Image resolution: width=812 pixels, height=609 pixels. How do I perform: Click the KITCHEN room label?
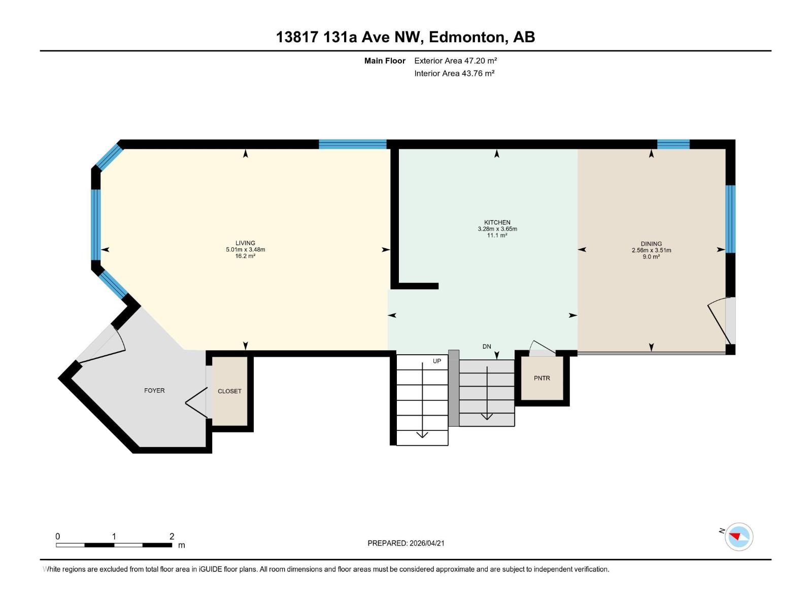coord(497,222)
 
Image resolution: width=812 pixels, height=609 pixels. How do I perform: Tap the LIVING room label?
coord(245,243)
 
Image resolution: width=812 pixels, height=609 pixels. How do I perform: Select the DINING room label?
coord(651,244)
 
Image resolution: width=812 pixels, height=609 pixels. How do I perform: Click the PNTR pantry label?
coord(542,378)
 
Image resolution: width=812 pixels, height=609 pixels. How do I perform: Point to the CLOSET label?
coord(229,391)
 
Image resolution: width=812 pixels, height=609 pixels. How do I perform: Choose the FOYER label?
coord(154,390)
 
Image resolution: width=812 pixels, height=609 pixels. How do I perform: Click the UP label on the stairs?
coord(437,361)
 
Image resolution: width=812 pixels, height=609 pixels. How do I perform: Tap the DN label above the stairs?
coord(487,347)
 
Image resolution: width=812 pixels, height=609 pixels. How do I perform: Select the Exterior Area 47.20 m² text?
coord(455,60)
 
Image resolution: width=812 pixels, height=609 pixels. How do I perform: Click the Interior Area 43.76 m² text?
coord(454,73)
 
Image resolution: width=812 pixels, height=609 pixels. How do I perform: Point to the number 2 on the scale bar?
coord(172,536)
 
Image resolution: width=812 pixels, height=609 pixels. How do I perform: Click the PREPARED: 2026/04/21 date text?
coord(406,543)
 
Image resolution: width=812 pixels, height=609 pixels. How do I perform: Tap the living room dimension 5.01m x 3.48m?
coord(245,250)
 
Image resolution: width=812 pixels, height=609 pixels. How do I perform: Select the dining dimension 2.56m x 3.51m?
coord(651,250)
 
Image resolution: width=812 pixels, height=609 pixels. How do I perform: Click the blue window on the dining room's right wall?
coord(730,219)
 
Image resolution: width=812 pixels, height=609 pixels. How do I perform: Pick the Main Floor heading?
coord(385,60)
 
